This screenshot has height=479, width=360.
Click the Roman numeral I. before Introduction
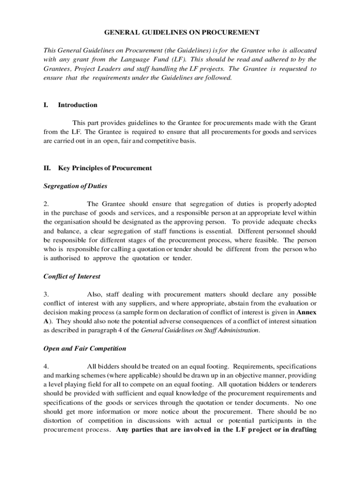tap(46, 105)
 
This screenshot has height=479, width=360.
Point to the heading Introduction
tap(78, 105)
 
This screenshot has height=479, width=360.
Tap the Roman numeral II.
tap(47, 168)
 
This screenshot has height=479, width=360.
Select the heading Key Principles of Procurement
tap(105, 168)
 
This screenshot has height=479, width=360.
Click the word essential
tap(217, 231)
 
